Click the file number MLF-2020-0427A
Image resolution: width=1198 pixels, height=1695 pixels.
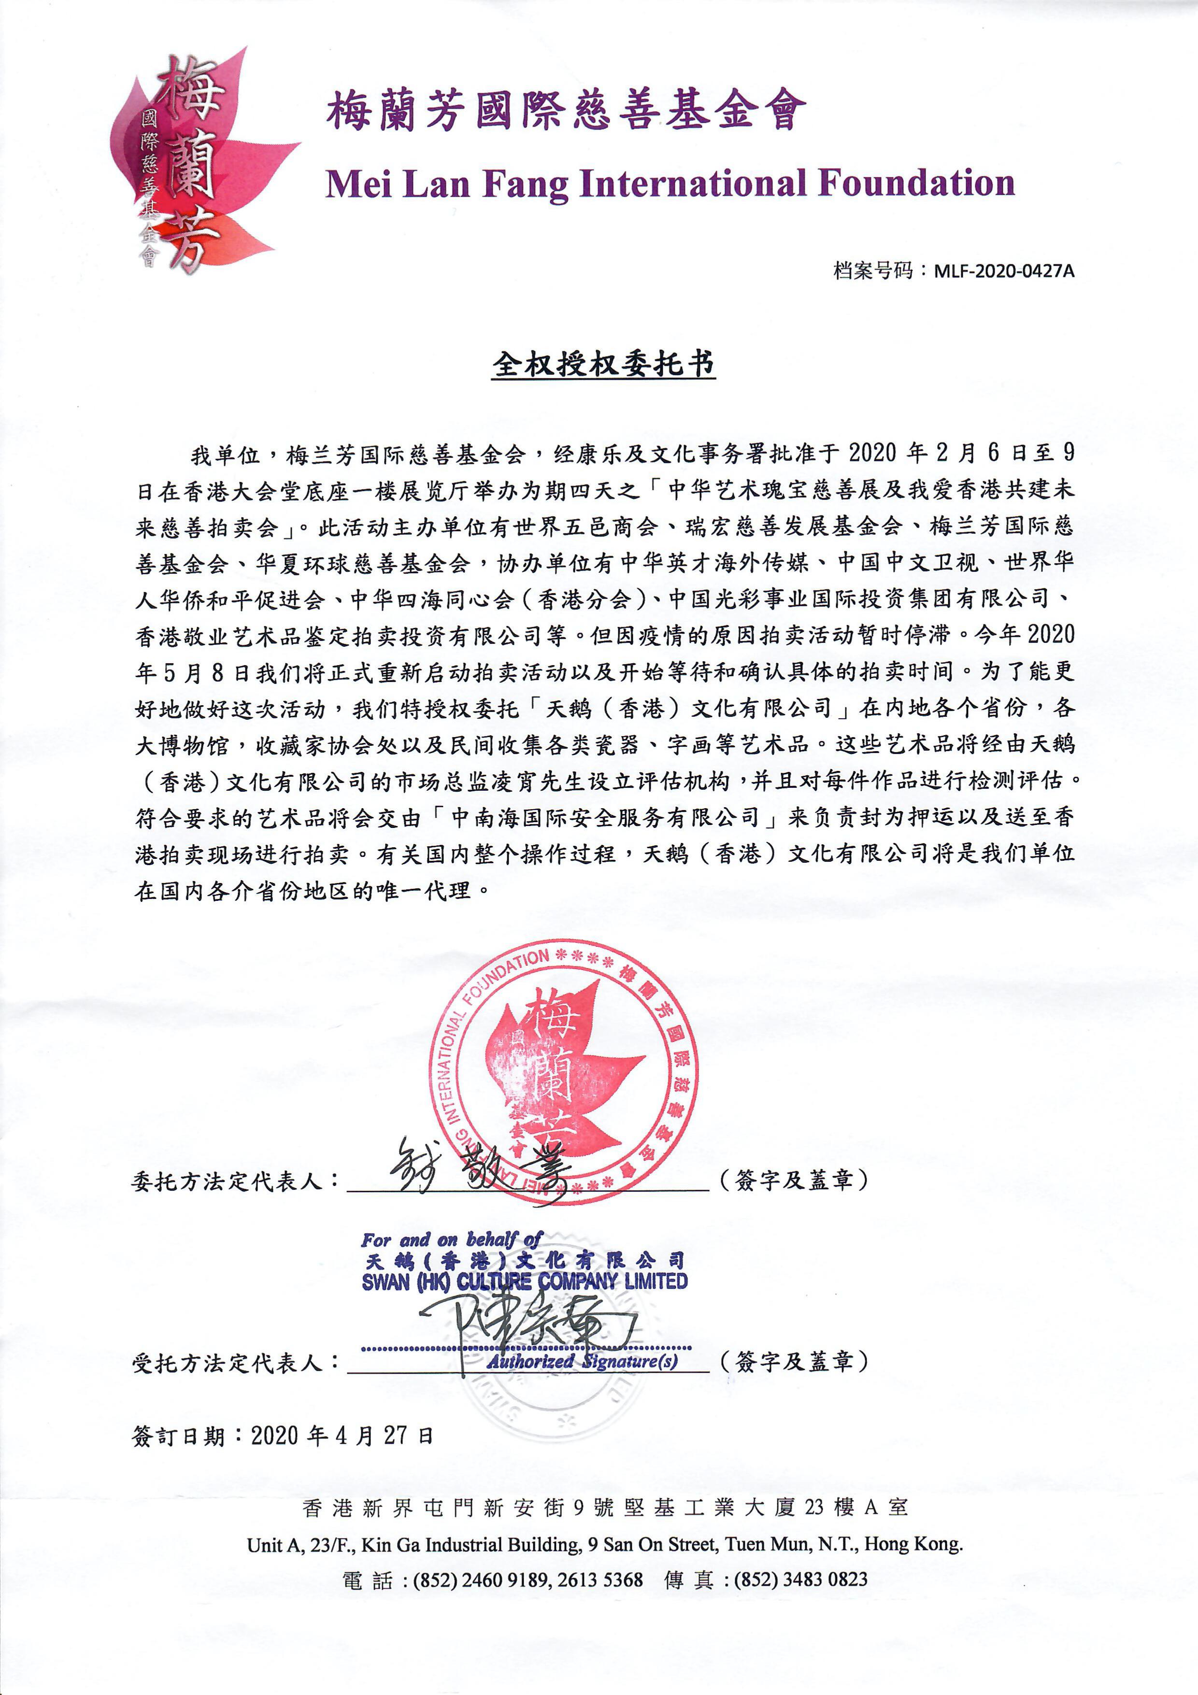point(1004,271)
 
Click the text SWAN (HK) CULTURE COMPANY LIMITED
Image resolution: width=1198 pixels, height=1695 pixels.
point(524,1282)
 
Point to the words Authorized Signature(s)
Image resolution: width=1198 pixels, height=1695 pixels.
point(582,1361)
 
